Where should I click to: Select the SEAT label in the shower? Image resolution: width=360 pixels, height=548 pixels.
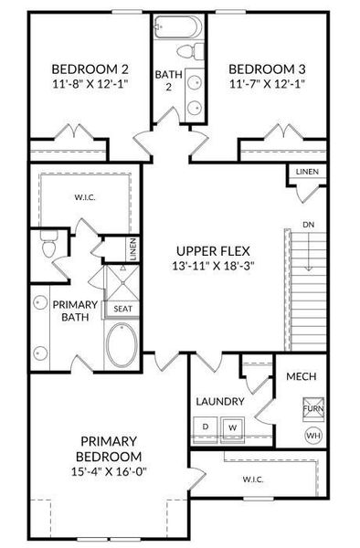click(x=122, y=309)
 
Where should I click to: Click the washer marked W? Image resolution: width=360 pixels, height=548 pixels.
click(x=233, y=426)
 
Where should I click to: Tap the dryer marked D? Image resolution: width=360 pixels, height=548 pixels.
click(x=206, y=426)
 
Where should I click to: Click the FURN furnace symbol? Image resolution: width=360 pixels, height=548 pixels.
click(x=312, y=406)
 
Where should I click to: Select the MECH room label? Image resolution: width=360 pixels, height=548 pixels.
click(x=302, y=376)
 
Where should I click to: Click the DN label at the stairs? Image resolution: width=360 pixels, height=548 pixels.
click(x=310, y=224)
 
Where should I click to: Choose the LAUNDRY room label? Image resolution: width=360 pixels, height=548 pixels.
click(x=219, y=401)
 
